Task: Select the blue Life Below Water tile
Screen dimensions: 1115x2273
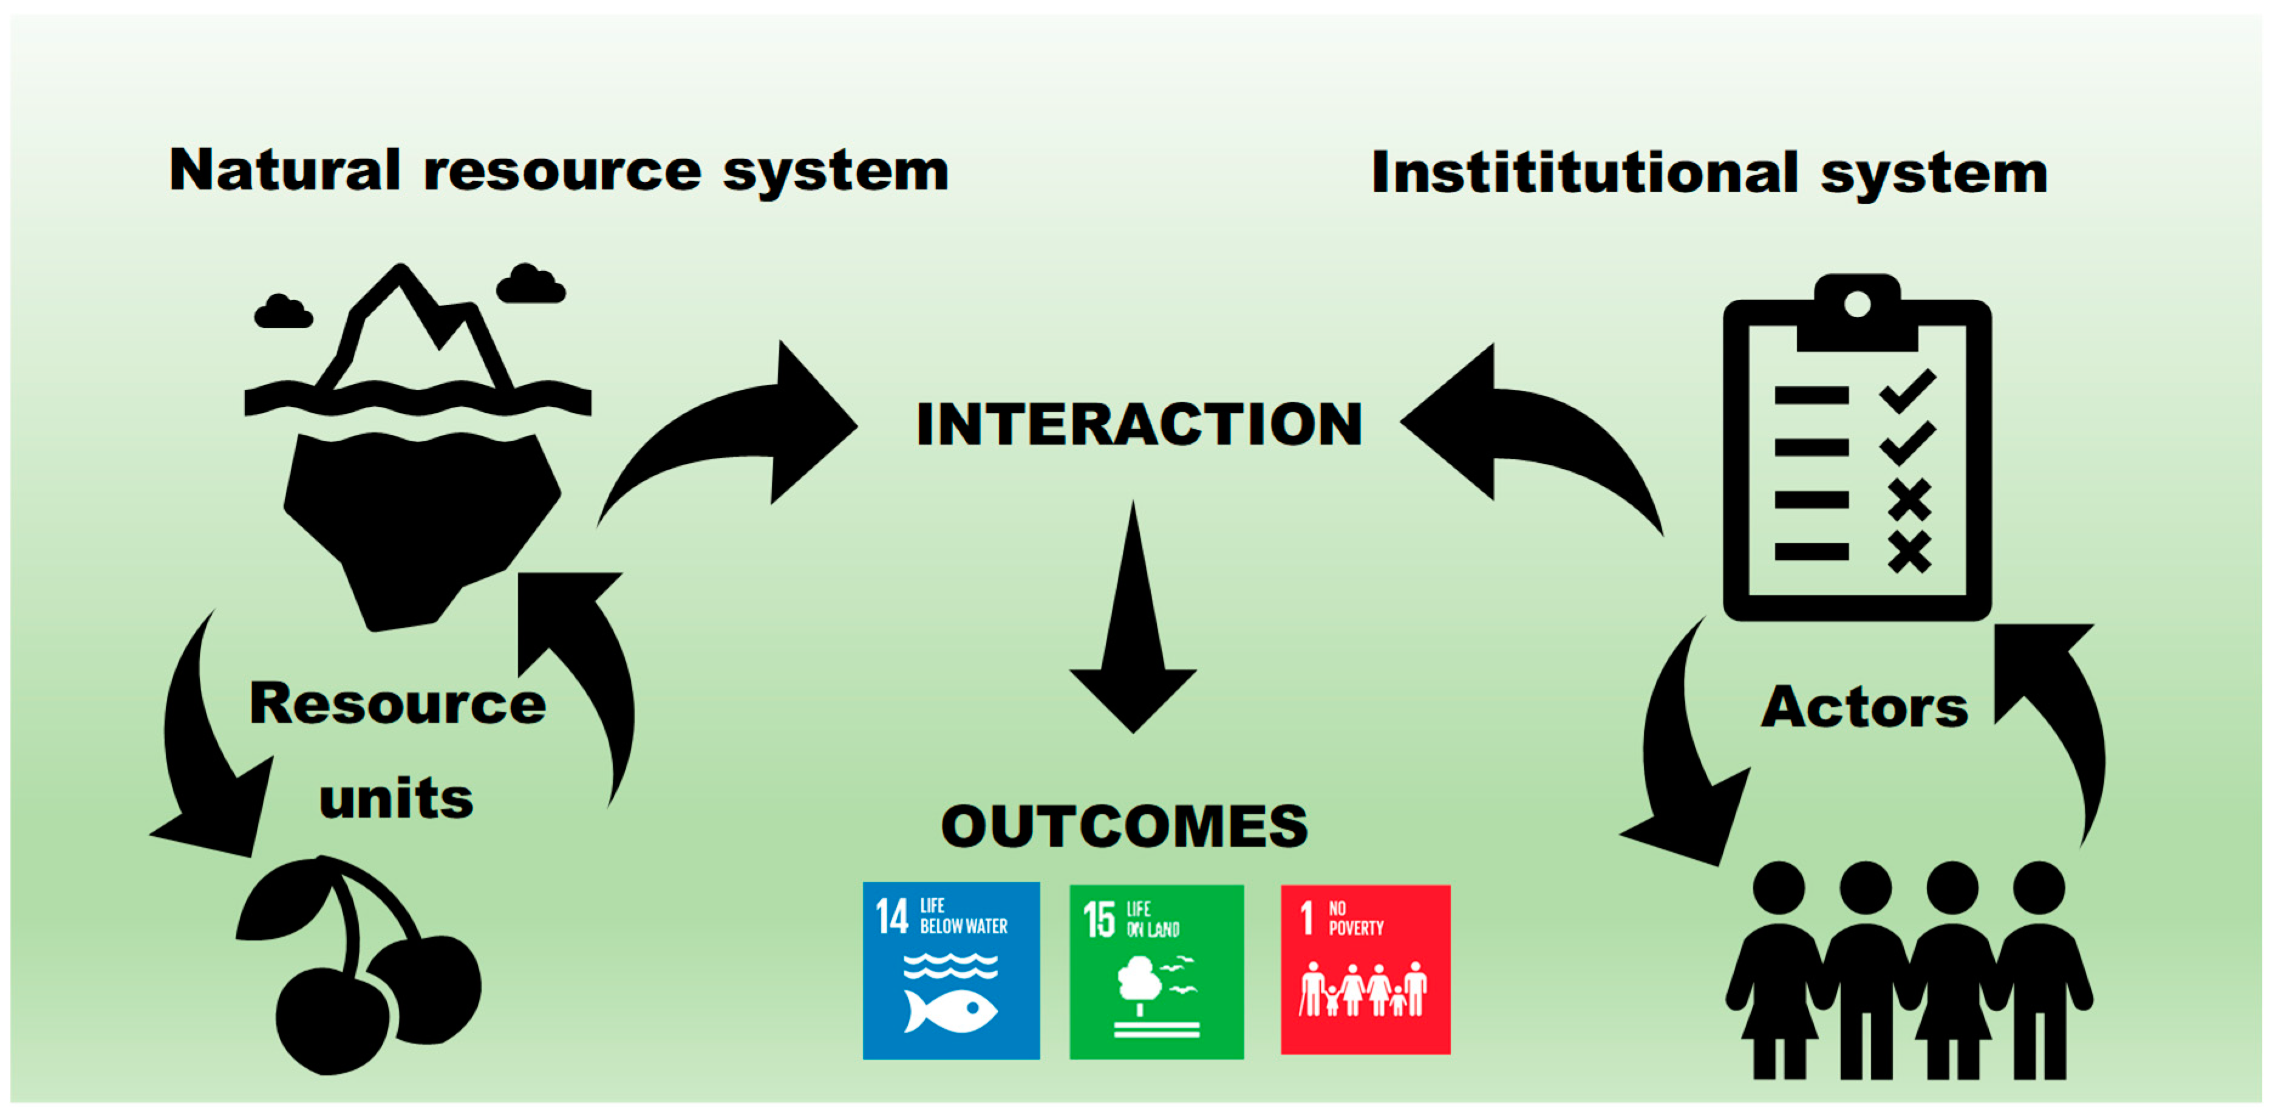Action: tap(950, 970)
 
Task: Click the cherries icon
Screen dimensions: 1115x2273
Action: tap(362, 970)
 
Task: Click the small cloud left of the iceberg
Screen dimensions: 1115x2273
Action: tap(282, 312)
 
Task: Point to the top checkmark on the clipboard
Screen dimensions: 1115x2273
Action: tap(1907, 390)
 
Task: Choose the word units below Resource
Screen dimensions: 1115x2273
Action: tap(396, 799)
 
